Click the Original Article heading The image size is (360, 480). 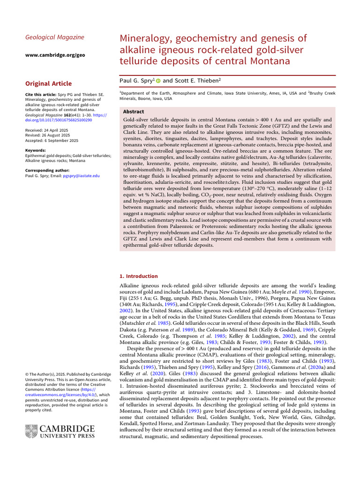[x=48, y=84]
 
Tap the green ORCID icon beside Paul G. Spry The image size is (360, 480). [x=158, y=81]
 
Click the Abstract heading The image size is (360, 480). [x=133, y=112]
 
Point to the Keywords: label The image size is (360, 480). [x=35, y=150]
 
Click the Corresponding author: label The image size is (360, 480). [x=48, y=170]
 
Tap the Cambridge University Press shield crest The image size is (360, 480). [x=31, y=431]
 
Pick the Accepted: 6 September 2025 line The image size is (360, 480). [x=52, y=140]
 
